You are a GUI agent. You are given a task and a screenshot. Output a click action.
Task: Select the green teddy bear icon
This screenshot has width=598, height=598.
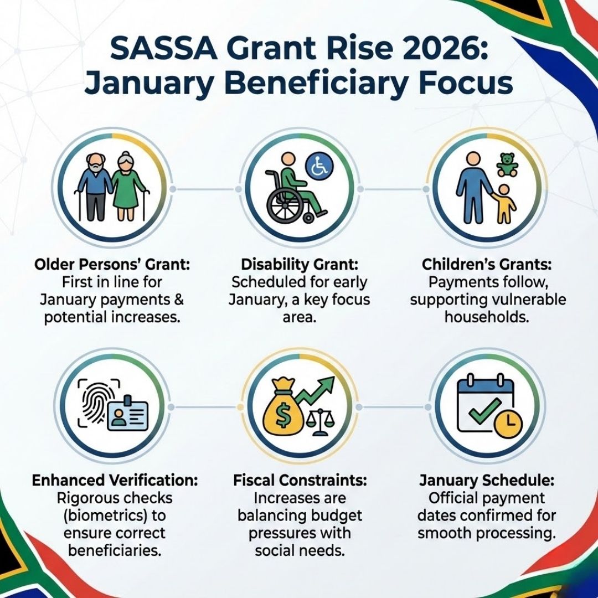pyautogui.click(x=507, y=165)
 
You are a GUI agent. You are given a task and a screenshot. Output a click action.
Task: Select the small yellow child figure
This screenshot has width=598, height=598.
pyautogui.click(x=504, y=205)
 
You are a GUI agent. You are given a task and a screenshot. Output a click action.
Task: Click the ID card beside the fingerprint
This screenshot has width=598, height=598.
pyautogui.click(x=129, y=413)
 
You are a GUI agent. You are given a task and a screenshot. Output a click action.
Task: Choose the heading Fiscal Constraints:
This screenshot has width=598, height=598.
pyautogui.click(x=300, y=480)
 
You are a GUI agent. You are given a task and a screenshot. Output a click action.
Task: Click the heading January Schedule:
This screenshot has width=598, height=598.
pyautogui.click(x=487, y=480)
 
